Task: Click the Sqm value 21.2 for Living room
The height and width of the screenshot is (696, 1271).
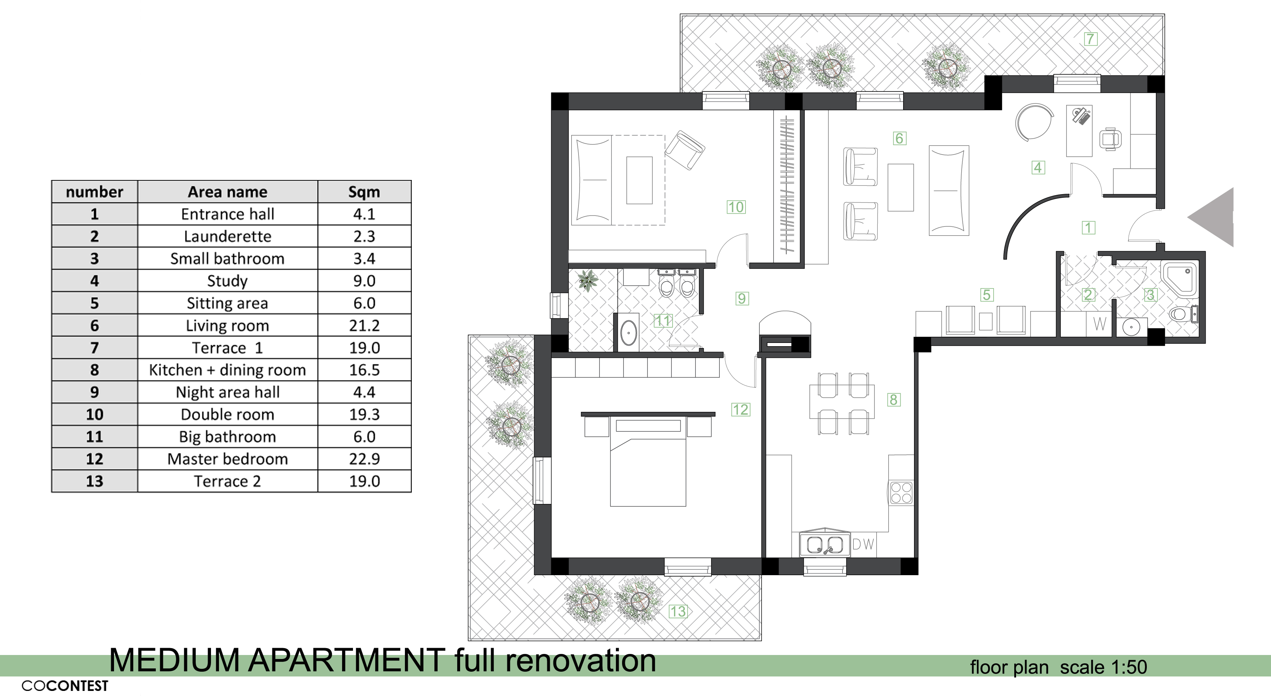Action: [364, 326]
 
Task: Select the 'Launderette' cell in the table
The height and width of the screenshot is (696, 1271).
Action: [227, 236]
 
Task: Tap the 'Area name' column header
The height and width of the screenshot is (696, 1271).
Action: [227, 192]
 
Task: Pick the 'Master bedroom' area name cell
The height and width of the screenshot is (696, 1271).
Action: [227, 459]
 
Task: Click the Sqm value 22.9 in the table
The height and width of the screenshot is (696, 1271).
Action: [364, 459]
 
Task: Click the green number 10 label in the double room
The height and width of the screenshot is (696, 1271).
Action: [736, 207]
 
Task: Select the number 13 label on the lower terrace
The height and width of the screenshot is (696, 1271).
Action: [677, 612]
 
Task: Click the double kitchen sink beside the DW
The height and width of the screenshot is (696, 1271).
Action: [824, 545]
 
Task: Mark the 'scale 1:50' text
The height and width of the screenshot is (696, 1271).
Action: [1103, 667]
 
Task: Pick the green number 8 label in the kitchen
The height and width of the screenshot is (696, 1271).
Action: [894, 400]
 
